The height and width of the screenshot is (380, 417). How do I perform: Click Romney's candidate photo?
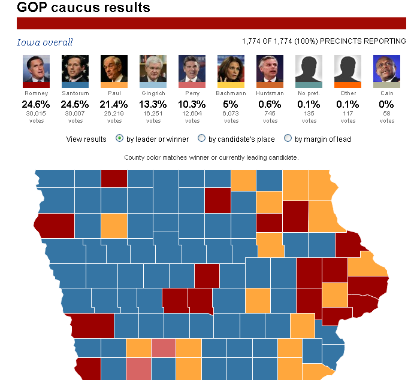pyautogui.click(x=36, y=68)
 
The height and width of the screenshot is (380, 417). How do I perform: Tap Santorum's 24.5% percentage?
pyautogui.click(x=75, y=104)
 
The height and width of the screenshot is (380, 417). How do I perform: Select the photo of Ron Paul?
pyautogui.click(x=114, y=68)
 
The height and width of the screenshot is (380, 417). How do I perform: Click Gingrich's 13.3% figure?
pyautogui.click(x=153, y=104)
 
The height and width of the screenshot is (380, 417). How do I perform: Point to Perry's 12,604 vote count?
pyautogui.click(x=192, y=114)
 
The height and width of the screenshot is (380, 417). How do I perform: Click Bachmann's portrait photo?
pyautogui.click(x=231, y=68)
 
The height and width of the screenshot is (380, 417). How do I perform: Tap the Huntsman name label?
pyautogui.click(x=270, y=93)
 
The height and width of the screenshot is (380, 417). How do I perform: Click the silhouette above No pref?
pyautogui.click(x=309, y=68)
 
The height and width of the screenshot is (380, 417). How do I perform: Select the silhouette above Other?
pyautogui.click(x=347, y=68)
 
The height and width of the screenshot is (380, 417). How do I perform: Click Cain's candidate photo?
pyautogui.click(x=386, y=68)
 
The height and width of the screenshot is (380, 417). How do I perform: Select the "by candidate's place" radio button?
pyautogui.click(x=201, y=139)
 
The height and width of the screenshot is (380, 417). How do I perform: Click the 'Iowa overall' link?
pyautogui.click(x=44, y=42)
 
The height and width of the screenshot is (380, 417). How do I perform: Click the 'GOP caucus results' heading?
pyautogui.click(x=83, y=8)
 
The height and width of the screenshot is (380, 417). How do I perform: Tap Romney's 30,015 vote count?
pyautogui.click(x=36, y=114)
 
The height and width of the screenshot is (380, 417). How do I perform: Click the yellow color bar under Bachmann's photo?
pyautogui.click(x=231, y=86)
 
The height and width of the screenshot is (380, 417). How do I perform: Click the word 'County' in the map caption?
pyautogui.click(x=134, y=157)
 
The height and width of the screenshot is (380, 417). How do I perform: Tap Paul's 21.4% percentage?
pyautogui.click(x=114, y=104)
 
